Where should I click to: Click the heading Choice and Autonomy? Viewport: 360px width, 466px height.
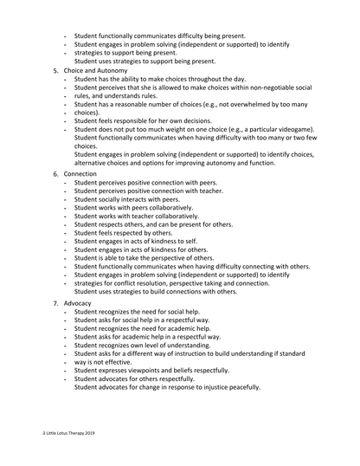[100, 70]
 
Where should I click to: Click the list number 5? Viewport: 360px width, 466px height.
[55, 70]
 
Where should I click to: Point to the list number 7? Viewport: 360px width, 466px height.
[55, 305]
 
